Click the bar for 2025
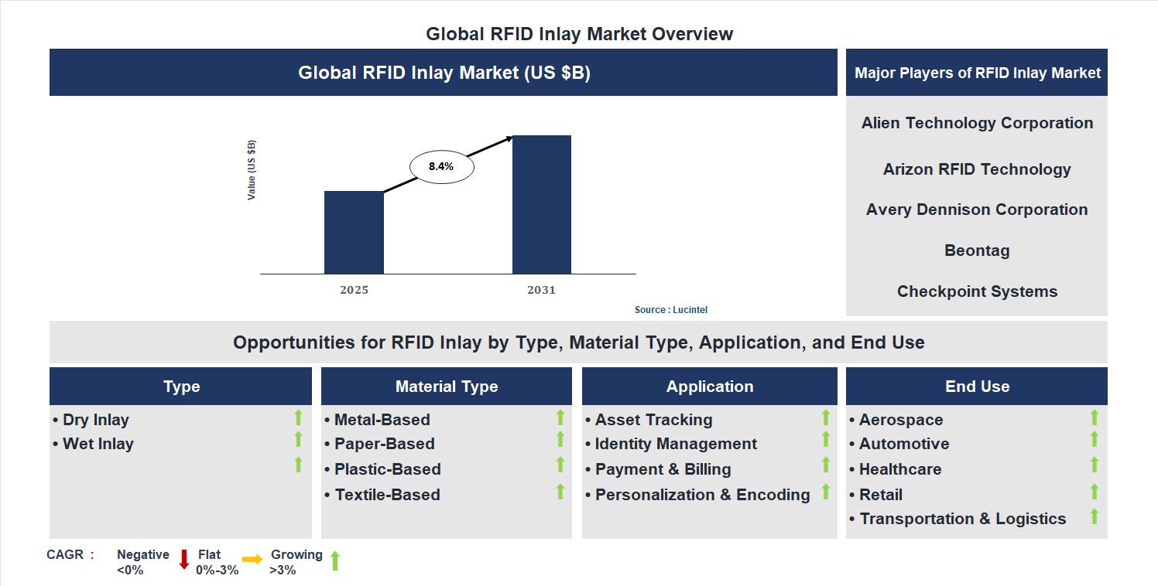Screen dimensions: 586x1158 tap(354, 232)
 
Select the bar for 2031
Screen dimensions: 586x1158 tap(542, 204)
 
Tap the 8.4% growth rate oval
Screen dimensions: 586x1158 tap(441, 166)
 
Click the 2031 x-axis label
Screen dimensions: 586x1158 tap(541, 291)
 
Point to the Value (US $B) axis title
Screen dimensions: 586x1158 tap(252, 170)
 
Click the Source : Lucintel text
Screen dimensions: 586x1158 tap(671, 310)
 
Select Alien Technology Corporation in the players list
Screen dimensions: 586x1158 tap(977, 123)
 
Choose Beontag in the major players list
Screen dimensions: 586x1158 tap(977, 250)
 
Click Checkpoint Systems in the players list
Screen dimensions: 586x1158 tap(977, 291)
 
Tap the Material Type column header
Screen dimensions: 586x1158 tap(447, 387)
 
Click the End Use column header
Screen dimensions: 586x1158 tap(977, 387)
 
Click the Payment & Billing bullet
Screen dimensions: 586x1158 tap(663, 469)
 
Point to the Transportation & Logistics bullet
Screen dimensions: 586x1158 tap(963, 519)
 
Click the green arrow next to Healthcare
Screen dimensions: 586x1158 tap(1095, 465)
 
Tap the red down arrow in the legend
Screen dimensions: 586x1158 tap(184, 560)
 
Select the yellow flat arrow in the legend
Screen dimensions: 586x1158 tap(252, 559)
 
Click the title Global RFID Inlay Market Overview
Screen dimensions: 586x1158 tap(579, 34)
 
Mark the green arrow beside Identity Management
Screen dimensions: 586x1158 tap(826, 439)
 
